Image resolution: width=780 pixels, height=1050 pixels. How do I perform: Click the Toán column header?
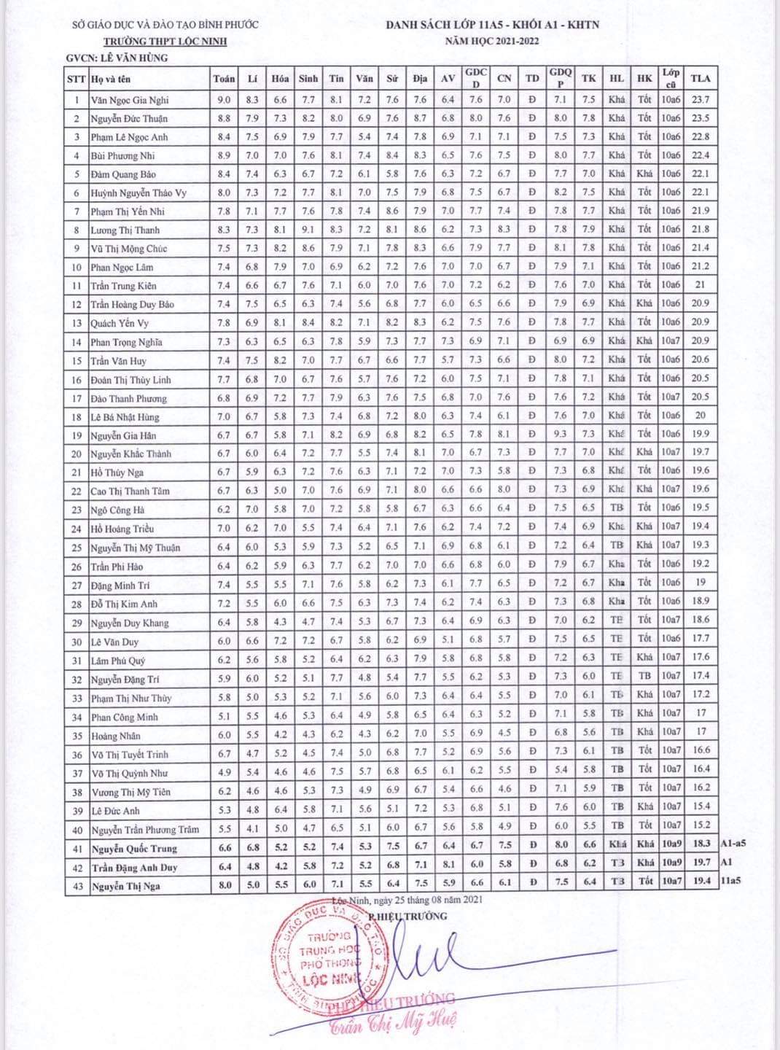[224, 79]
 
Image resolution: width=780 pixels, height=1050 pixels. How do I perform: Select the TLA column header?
[700, 78]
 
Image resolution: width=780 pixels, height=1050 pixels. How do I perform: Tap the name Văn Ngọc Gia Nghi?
[130, 100]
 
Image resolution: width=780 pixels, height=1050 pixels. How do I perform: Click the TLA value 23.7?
[701, 99]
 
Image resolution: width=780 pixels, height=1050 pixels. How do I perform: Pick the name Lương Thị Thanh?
[125, 230]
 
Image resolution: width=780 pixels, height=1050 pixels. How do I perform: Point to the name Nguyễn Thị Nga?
[125, 886]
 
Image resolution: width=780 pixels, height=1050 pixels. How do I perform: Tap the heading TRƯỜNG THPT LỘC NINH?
[165, 42]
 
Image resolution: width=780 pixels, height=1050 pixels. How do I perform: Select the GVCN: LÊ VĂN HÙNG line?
[117, 58]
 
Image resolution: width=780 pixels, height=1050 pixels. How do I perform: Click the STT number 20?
[77, 454]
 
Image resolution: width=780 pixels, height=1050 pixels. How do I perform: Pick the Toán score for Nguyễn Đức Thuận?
[224, 118]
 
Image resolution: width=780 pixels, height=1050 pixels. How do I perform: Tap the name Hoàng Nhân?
[116, 736]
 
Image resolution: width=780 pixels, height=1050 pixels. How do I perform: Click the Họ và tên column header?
[111, 79]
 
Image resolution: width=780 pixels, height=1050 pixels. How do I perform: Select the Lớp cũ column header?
[671, 78]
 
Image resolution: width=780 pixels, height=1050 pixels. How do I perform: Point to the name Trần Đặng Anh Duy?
[135, 868]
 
